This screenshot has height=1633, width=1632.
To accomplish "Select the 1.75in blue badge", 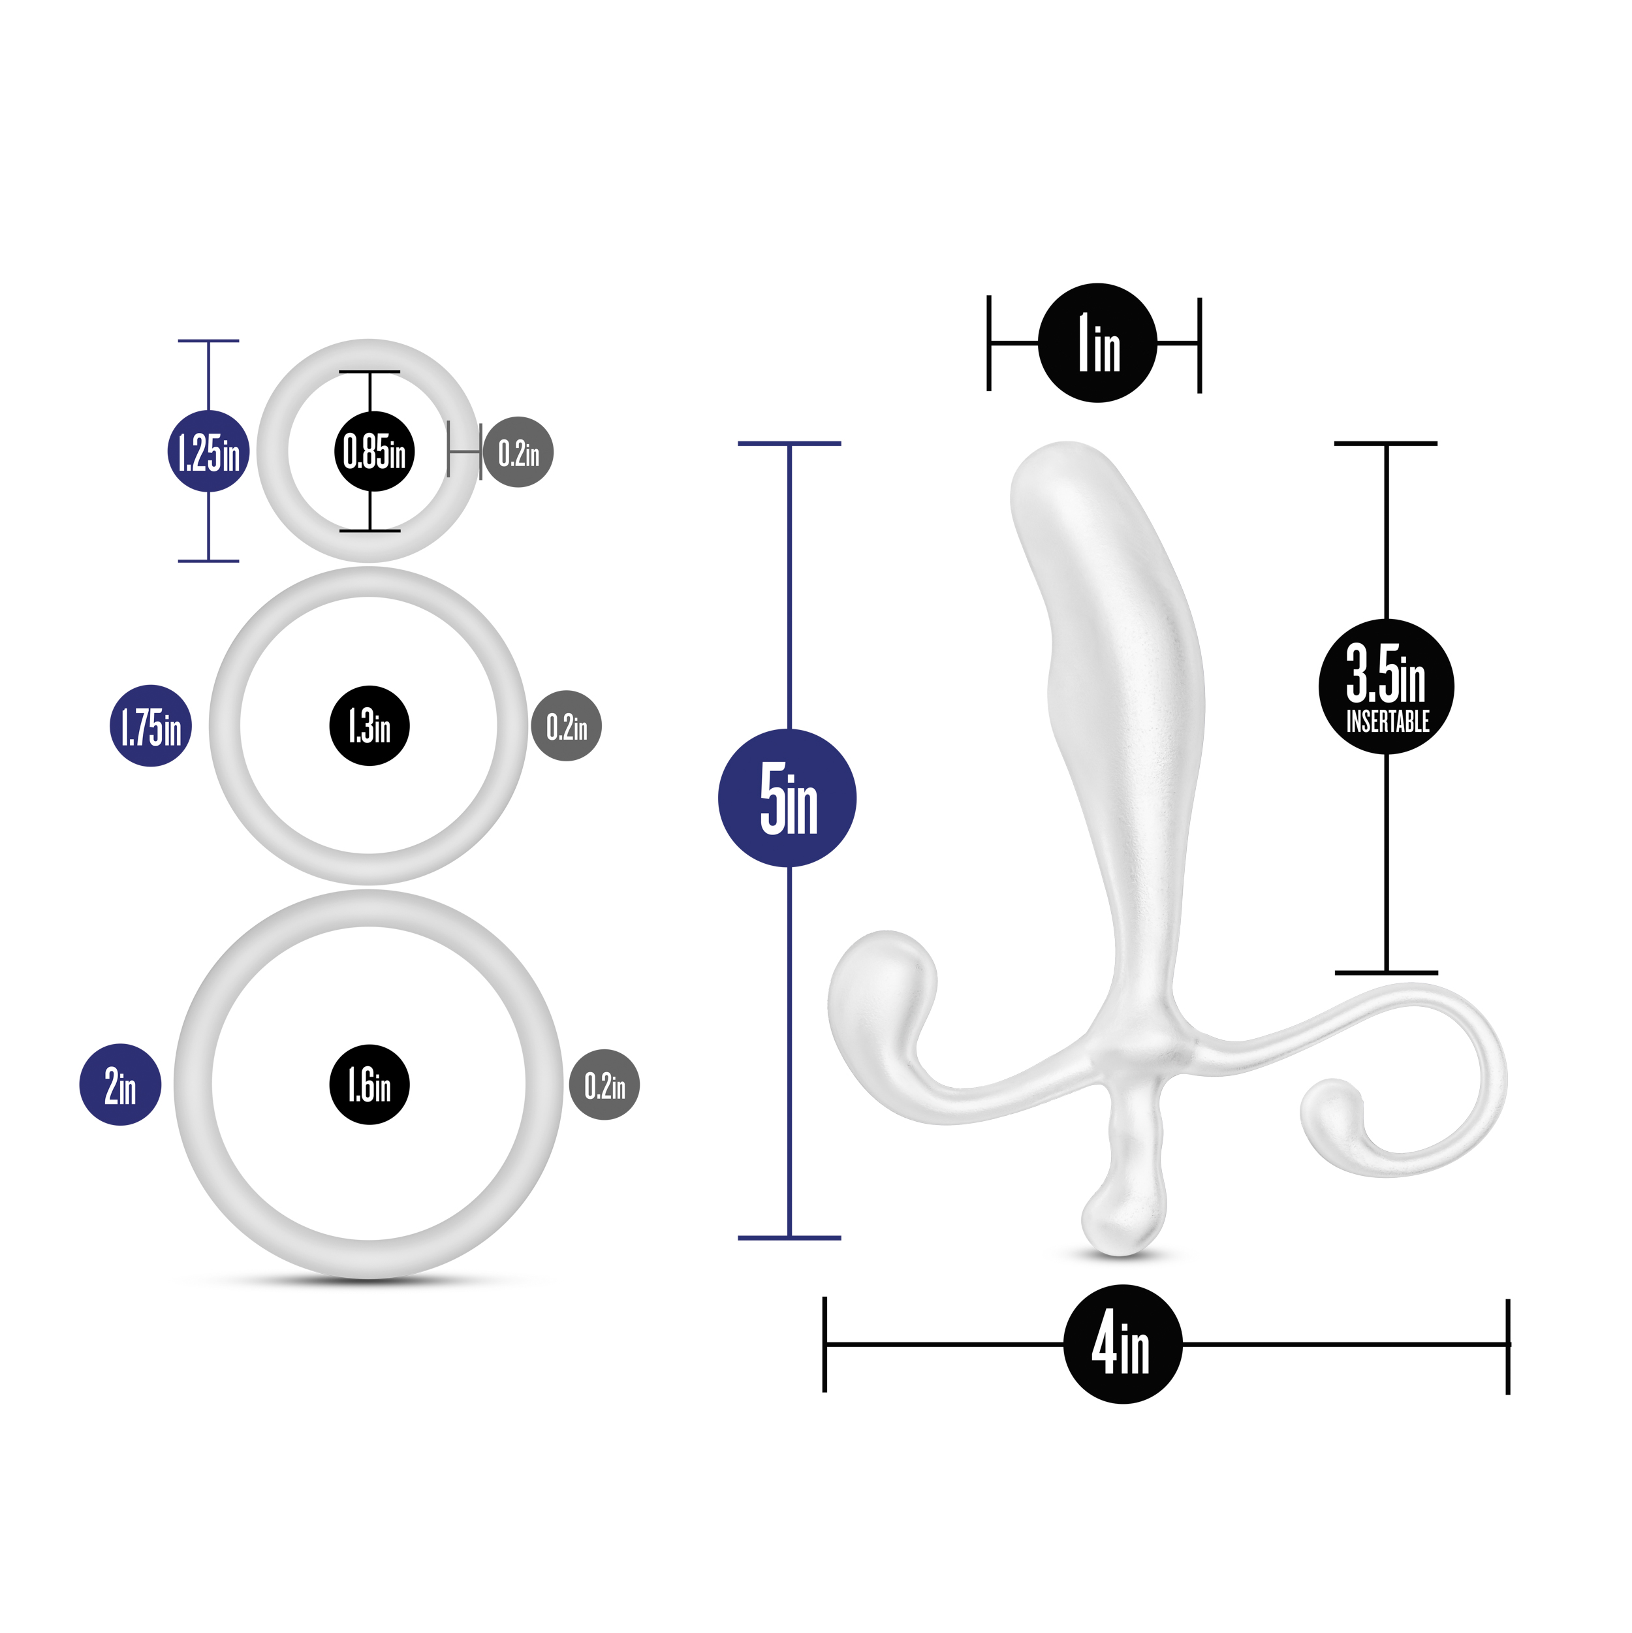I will click(150, 726).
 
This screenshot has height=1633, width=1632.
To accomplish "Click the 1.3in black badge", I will click(369, 726).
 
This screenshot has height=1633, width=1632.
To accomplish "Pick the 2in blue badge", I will click(120, 1085).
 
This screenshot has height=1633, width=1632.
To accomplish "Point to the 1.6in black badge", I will click(369, 1085).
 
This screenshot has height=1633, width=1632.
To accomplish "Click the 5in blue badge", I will click(787, 798).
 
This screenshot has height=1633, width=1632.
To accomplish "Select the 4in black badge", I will click(1122, 1344).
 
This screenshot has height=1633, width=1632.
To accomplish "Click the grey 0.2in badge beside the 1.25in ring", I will click(518, 452).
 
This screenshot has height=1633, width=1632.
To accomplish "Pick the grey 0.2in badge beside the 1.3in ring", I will click(566, 726).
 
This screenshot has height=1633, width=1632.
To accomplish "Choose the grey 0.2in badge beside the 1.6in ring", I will click(604, 1085).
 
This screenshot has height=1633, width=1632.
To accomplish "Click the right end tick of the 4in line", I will click(1508, 1344).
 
